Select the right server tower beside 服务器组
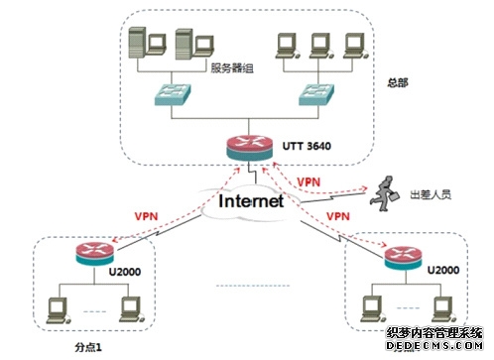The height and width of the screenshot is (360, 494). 185,46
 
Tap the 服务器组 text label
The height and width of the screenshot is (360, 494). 231,68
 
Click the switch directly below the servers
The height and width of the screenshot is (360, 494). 165,95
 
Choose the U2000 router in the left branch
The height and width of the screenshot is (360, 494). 91,254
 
